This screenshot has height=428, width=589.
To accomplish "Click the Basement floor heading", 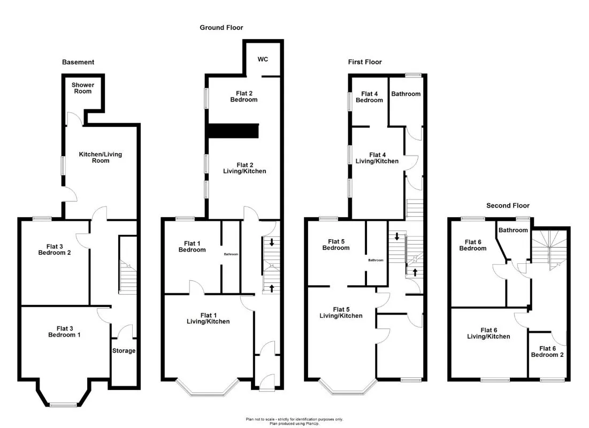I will pyautogui.click(x=78, y=62).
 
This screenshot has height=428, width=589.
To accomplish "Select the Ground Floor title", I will pyautogui.click(x=221, y=27).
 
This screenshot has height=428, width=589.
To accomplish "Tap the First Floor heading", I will pyautogui.click(x=365, y=62).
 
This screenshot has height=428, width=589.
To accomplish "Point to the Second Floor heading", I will pyautogui.click(x=507, y=205).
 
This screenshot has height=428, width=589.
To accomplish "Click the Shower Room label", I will pyautogui.click(x=82, y=88).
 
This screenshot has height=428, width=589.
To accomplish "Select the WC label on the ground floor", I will pyautogui.click(x=263, y=59).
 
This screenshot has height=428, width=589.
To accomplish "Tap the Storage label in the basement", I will pyautogui.click(x=124, y=351).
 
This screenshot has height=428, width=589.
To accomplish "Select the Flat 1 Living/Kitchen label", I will pyautogui.click(x=208, y=318).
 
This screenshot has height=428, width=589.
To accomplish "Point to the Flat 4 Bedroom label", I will pyautogui.click(x=369, y=97).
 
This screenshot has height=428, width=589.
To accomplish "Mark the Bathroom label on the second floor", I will pyautogui.click(x=513, y=230).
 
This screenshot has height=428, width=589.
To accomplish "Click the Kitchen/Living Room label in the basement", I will pyautogui.click(x=100, y=157).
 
